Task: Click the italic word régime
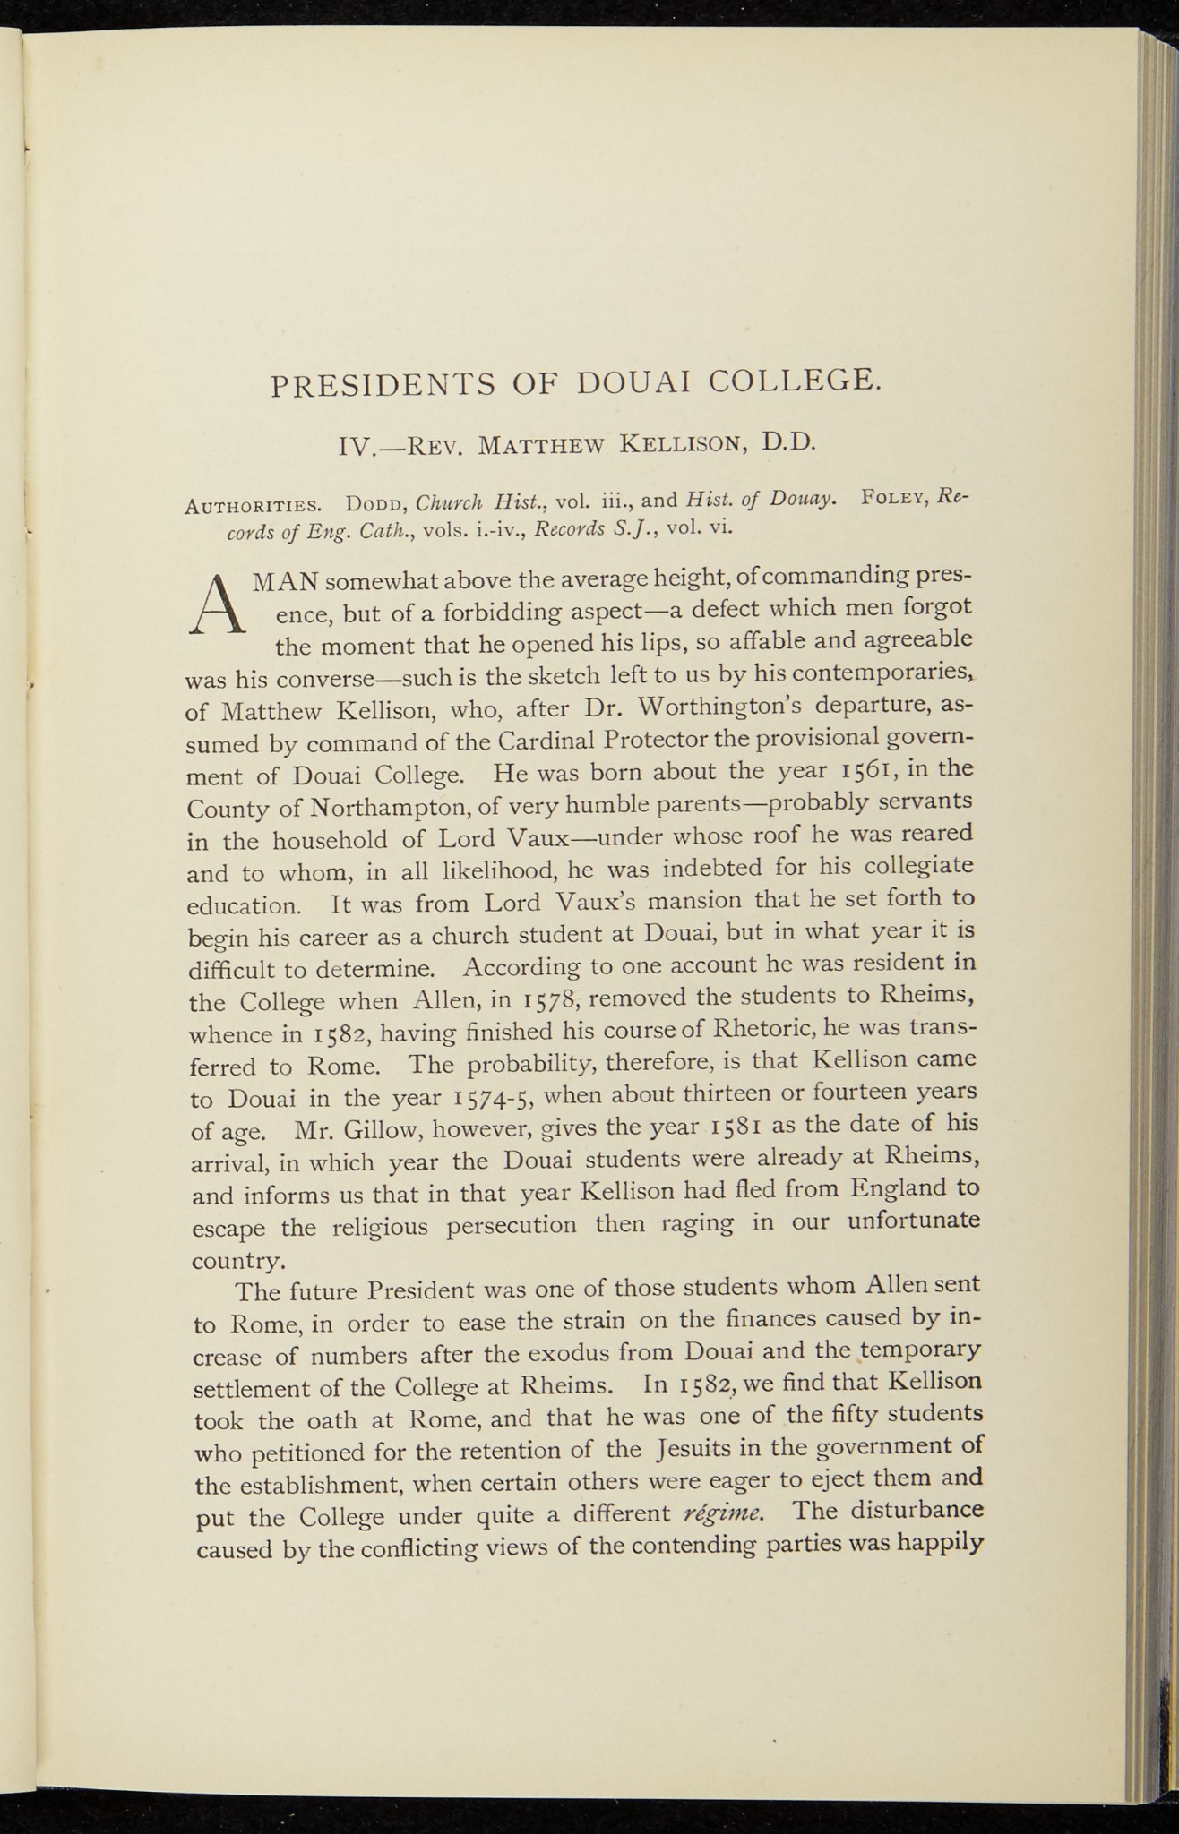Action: [723, 1514]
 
